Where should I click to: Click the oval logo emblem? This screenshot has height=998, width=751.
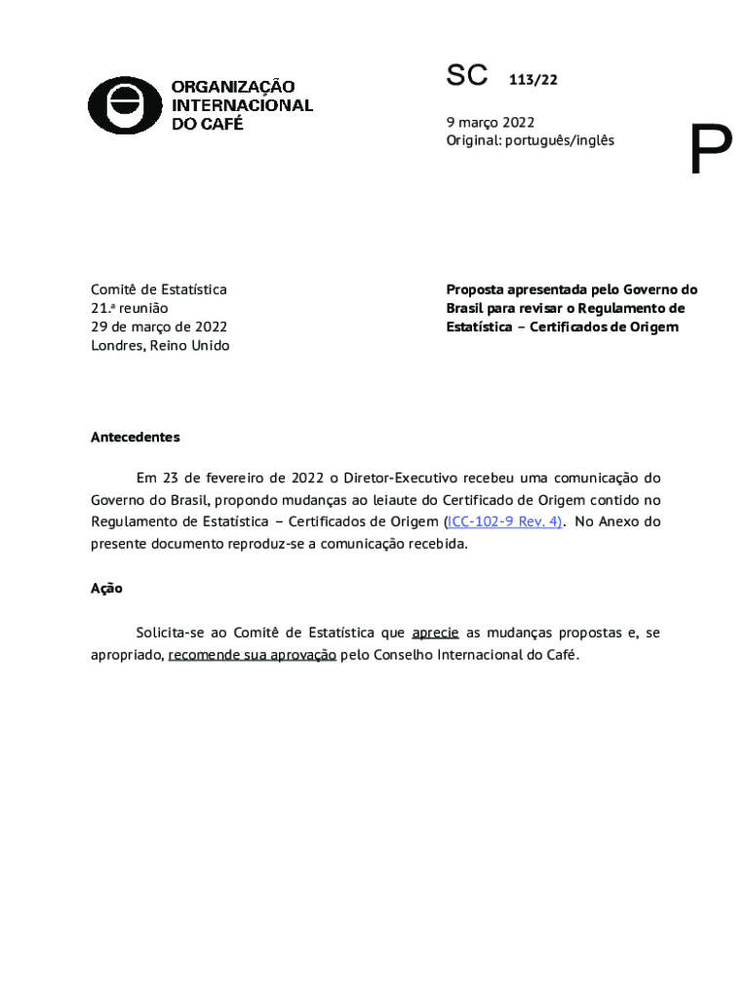pos(125,105)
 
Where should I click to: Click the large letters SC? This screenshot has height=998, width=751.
pos(466,75)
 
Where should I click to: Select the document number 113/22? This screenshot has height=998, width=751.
pos(533,80)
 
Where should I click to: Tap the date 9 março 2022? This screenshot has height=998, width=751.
pos(491,122)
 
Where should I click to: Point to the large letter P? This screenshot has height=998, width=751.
pos(710,151)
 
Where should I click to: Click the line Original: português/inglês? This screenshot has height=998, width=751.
pos(531,140)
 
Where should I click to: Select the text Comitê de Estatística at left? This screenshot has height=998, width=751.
pos(159,289)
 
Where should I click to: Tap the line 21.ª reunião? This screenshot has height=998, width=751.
pos(130,308)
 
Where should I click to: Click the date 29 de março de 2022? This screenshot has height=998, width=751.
pos(159,326)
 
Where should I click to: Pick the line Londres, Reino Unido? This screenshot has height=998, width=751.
pos(160,345)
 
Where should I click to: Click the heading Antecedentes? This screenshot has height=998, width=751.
pos(136,438)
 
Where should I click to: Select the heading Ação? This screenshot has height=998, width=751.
pos(106,589)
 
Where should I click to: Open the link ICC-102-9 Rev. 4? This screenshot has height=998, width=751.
pos(504,521)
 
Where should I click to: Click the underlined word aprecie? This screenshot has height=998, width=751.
pos(435,633)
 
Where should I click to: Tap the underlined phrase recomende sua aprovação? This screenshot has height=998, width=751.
pos(253,655)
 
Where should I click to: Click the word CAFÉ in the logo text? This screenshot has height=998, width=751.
pos(220,124)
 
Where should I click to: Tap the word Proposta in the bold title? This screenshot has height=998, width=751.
pos(475,289)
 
